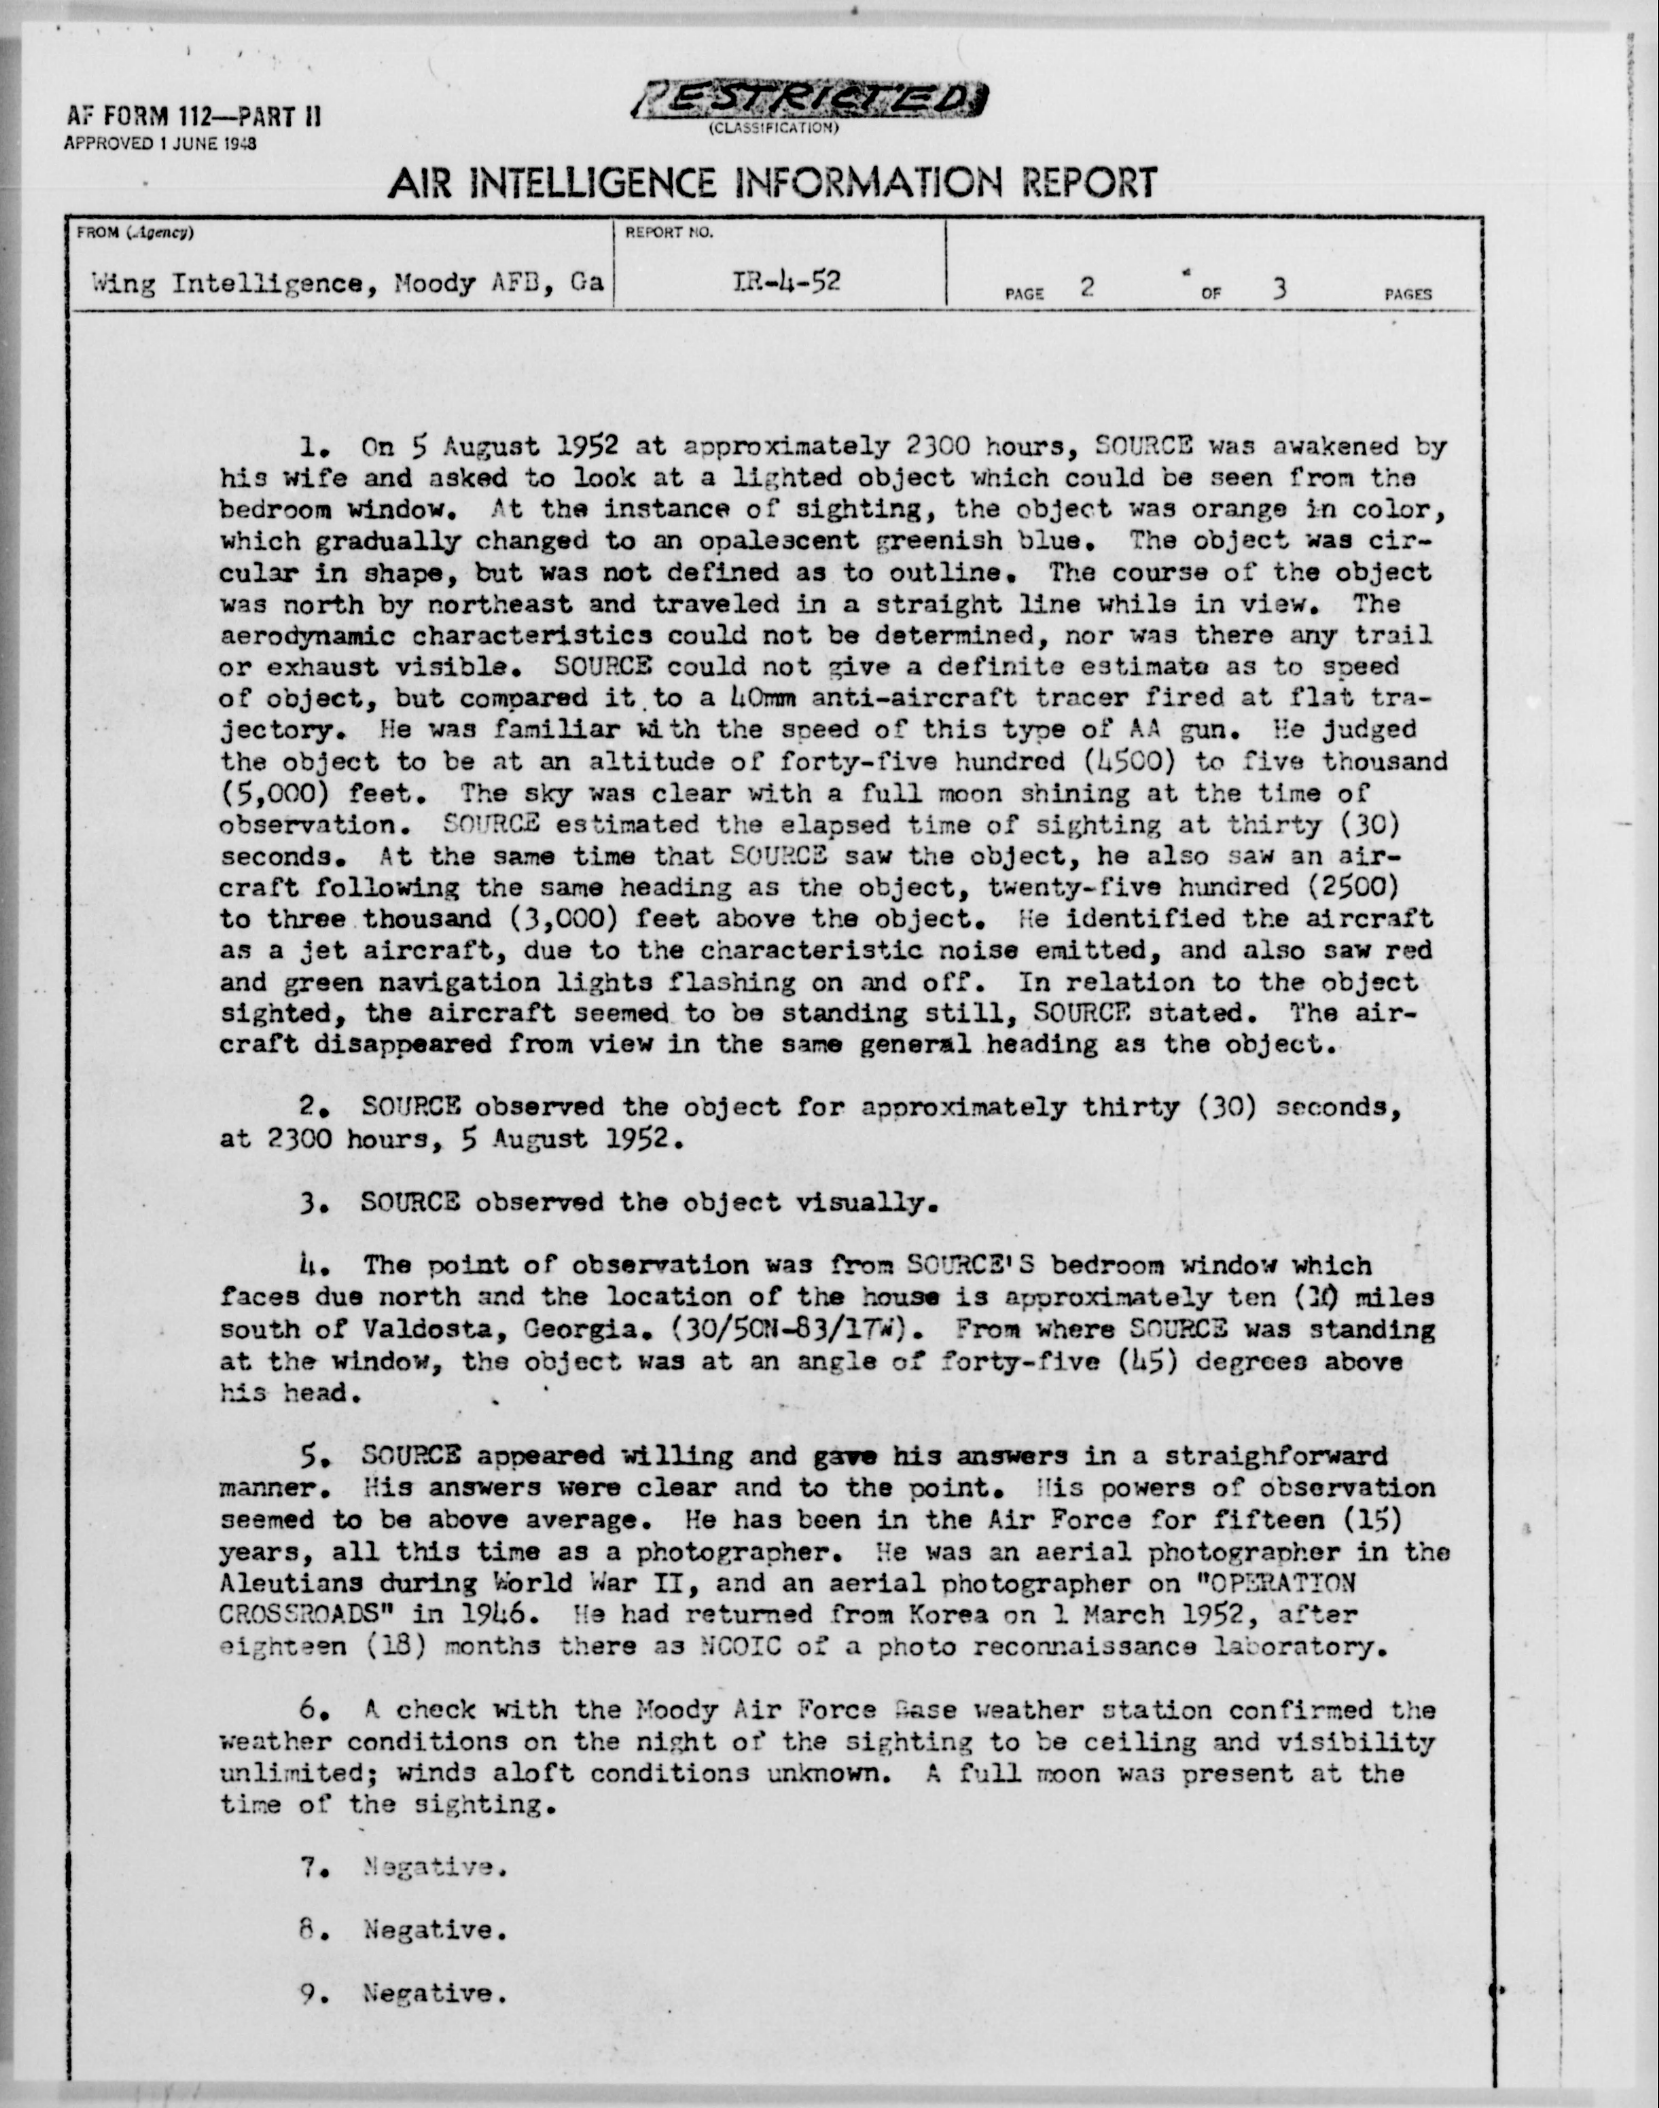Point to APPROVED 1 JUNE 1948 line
point(160,143)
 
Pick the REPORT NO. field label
point(669,233)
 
